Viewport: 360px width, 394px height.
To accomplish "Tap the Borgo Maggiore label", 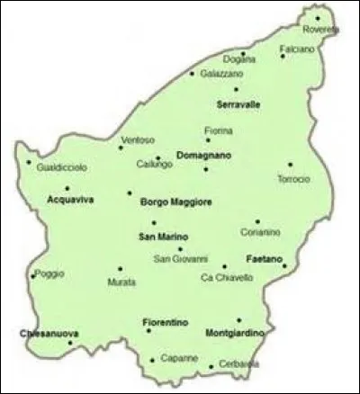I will pyautogui.click(x=176, y=202).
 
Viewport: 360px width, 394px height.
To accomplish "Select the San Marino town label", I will pyautogui.click(x=159, y=237).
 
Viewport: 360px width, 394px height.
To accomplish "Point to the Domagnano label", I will pyautogui.click(x=202, y=155).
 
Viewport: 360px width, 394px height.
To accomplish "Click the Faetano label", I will pyautogui.click(x=265, y=258).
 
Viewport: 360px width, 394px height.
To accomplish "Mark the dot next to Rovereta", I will pyautogui.click(x=318, y=16).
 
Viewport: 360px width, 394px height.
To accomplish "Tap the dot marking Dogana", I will pyautogui.click(x=242, y=53).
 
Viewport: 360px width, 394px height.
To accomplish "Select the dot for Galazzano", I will pyautogui.click(x=192, y=74).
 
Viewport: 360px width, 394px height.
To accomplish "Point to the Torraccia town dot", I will pyautogui.click(x=290, y=165).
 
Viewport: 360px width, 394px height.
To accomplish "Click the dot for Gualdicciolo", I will pyautogui.click(x=29, y=164).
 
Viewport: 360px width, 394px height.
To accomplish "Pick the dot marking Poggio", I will pyautogui.click(x=33, y=275).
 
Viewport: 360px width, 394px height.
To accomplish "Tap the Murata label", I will pyautogui.click(x=121, y=282).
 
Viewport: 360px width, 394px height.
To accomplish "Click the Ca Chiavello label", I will pyautogui.click(x=227, y=278).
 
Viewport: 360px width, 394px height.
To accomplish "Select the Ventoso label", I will pyautogui.click(x=139, y=139).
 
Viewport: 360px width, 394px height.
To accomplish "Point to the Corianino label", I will pyautogui.click(x=261, y=232).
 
